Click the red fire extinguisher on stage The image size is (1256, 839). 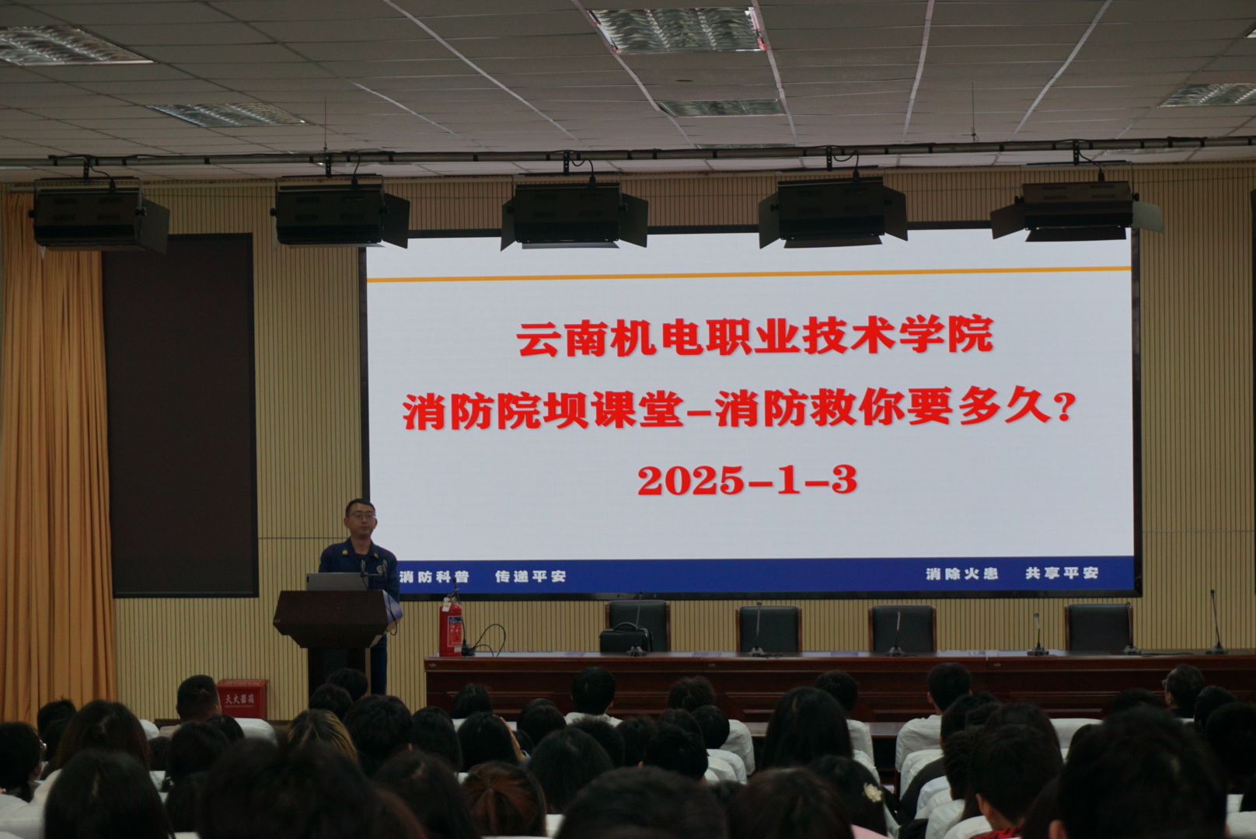pos(450,627)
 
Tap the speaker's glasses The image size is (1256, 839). pos(361,516)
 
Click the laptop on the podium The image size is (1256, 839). pos(336,582)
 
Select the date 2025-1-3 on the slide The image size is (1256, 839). pos(748,480)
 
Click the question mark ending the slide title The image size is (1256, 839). pos(1065,408)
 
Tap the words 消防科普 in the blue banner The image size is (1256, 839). pos(434,576)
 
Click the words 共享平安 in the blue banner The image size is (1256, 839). pos(1062,573)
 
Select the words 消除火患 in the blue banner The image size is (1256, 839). pos(962,573)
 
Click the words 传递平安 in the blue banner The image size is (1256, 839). pos(530,576)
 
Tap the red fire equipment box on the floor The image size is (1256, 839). pos(242,698)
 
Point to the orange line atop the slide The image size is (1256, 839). pos(748,274)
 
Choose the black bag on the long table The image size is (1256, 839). pos(624,639)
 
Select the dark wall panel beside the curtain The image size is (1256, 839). pos(180,415)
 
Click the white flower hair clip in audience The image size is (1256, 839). pos(872,792)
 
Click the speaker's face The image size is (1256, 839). pos(361,518)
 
